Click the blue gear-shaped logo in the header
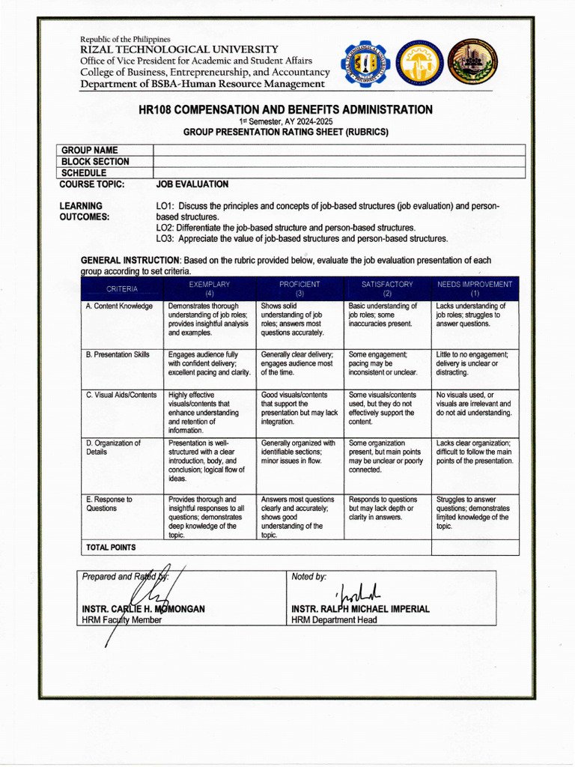tap(365, 64)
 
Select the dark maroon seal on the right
tap(472, 64)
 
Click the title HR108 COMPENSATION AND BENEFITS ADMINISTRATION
tap(285, 110)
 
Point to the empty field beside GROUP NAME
tap(338, 150)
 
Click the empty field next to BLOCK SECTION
tap(338, 161)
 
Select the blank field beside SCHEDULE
tap(338, 172)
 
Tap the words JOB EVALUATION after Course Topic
tap(192, 184)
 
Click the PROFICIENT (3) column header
tap(299, 289)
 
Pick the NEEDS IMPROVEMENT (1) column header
tap(475, 289)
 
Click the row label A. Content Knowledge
tap(120, 306)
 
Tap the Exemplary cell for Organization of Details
tap(209, 461)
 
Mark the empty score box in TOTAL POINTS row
tap(475, 548)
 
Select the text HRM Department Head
tap(334, 620)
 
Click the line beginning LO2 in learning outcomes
tap(285, 228)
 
